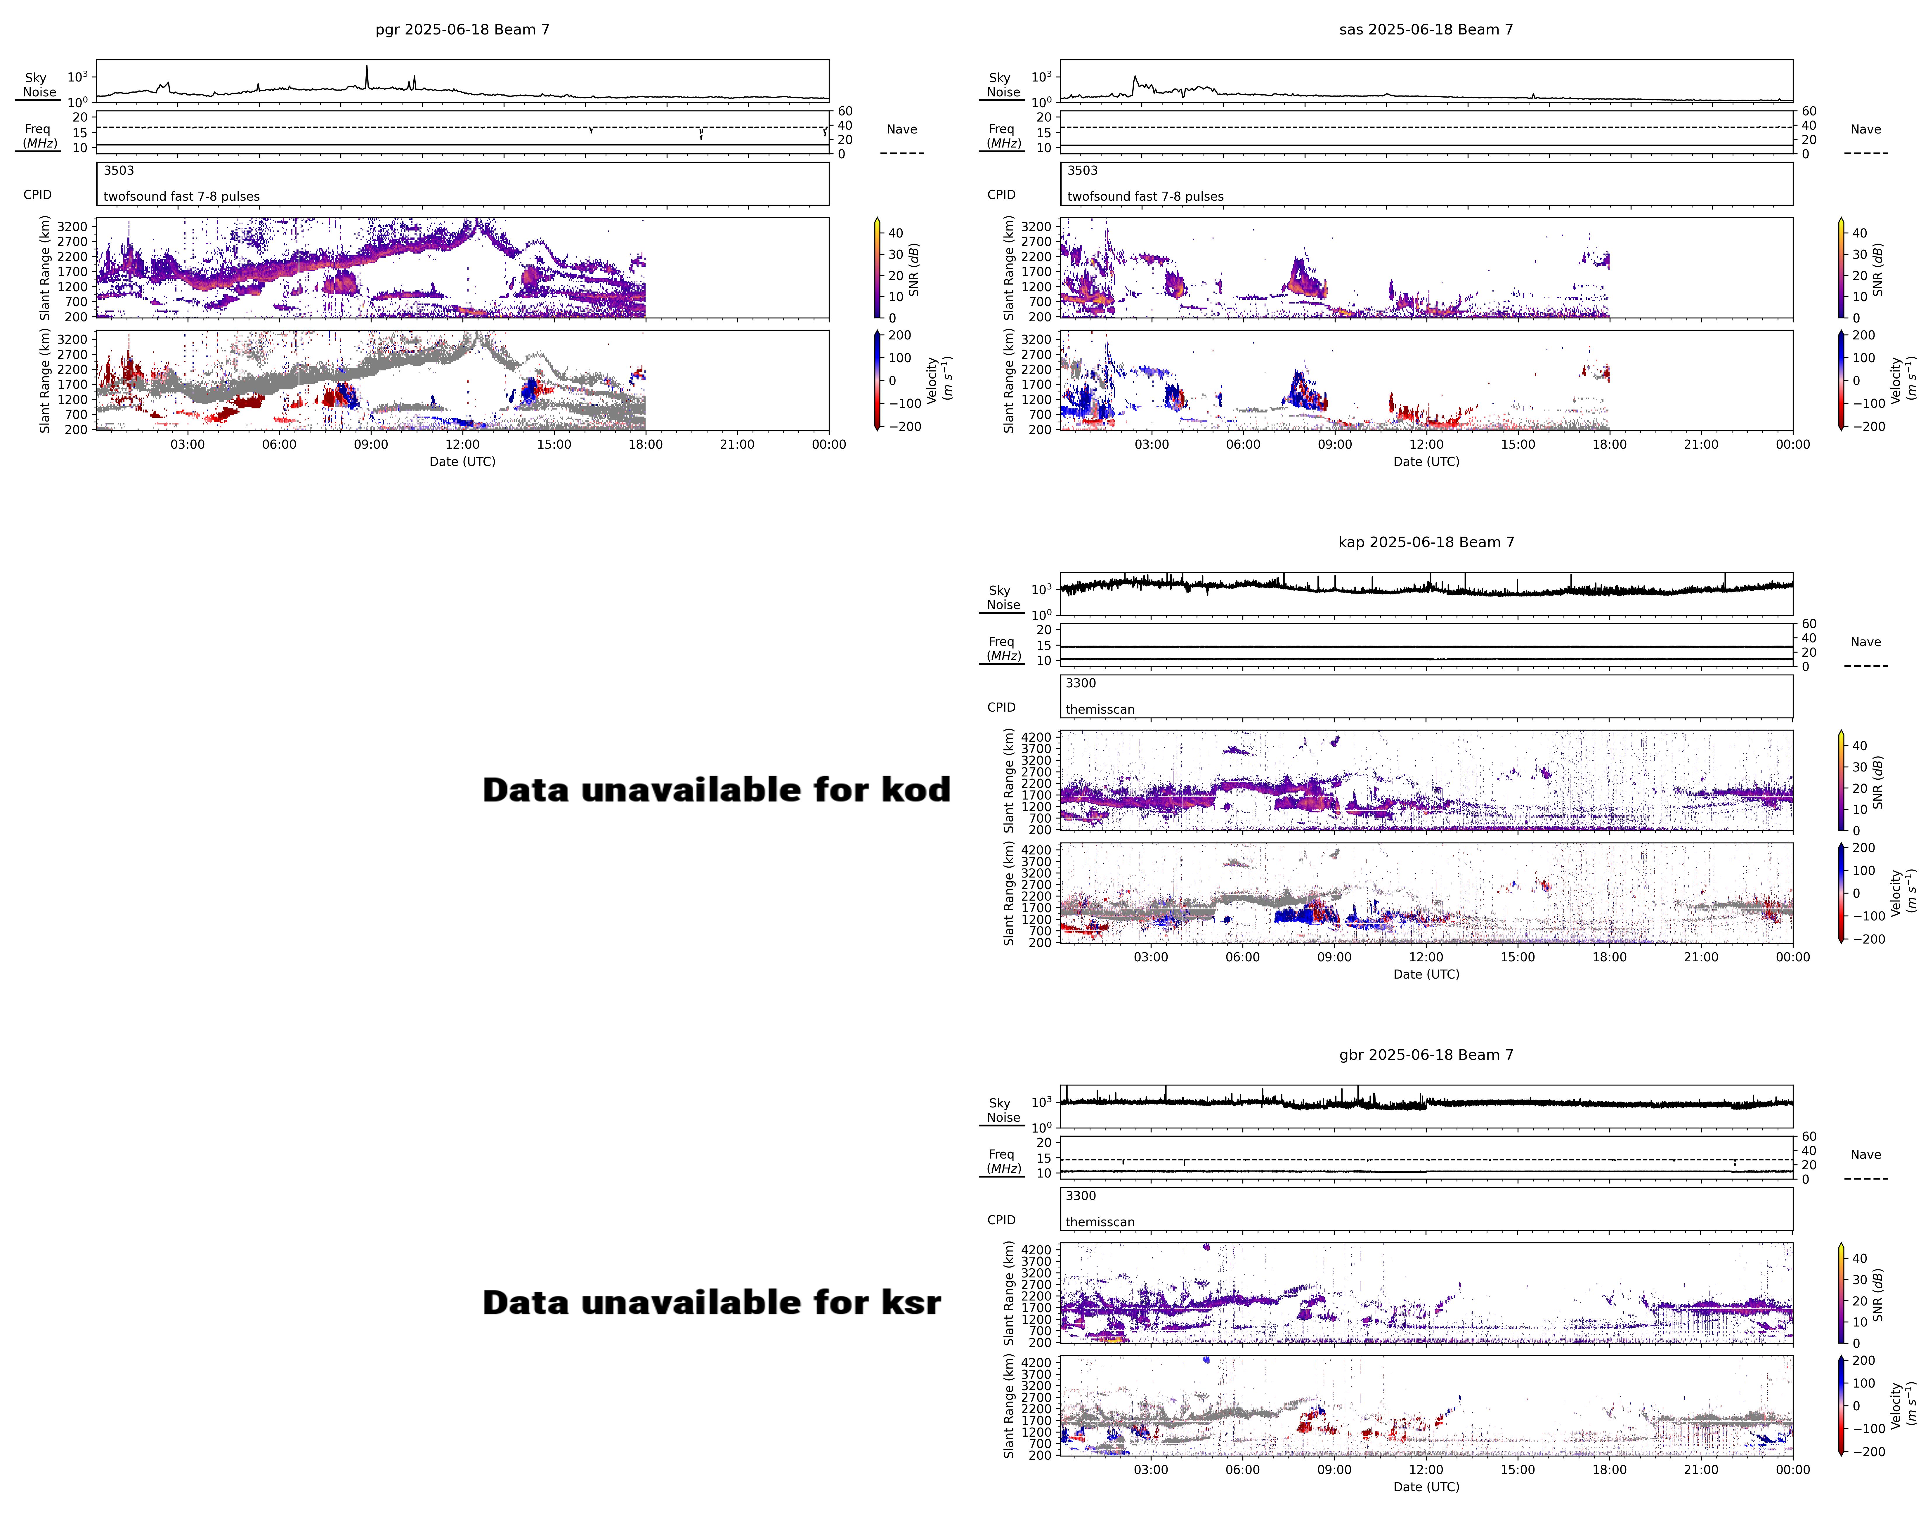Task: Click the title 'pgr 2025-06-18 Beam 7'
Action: pyautogui.click(x=462, y=30)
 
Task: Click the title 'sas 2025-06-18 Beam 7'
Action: pyautogui.click(x=1426, y=30)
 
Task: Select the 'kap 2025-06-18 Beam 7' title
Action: pyautogui.click(x=1426, y=542)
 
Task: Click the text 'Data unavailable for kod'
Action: pyautogui.click(x=716, y=790)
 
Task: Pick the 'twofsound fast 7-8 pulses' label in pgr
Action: pyautogui.click(x=181, y=197)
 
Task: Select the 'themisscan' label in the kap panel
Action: pyautogui.click(x=1100, y=709)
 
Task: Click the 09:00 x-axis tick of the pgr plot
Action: pyautogui.click(x=371, y=444)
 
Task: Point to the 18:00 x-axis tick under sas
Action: pyautogui.click(x=1610, y=444)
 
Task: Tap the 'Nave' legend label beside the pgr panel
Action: pyautogui.click(x=901, y=130)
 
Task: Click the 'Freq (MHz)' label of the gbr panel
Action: pyautogui.click(x=1003, y=1161)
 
